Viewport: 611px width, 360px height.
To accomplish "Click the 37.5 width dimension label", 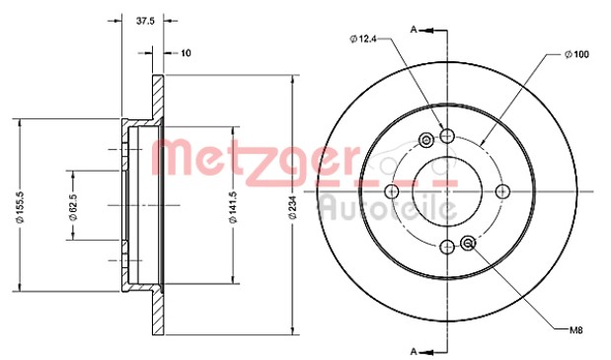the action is point(145,21).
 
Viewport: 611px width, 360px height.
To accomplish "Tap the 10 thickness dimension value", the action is point(187,52).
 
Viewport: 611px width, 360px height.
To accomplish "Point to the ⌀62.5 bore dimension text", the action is point(73,205).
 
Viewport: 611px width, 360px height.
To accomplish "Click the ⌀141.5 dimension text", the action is point(234,205).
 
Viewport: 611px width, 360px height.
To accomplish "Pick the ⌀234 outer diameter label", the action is point(293,207).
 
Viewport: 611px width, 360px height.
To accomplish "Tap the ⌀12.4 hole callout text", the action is point(363,38).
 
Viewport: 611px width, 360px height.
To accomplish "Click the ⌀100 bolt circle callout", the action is point(576,54).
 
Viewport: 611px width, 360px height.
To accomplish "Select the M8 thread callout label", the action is point(575,330).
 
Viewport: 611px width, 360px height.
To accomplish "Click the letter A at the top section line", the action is point(414,30).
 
